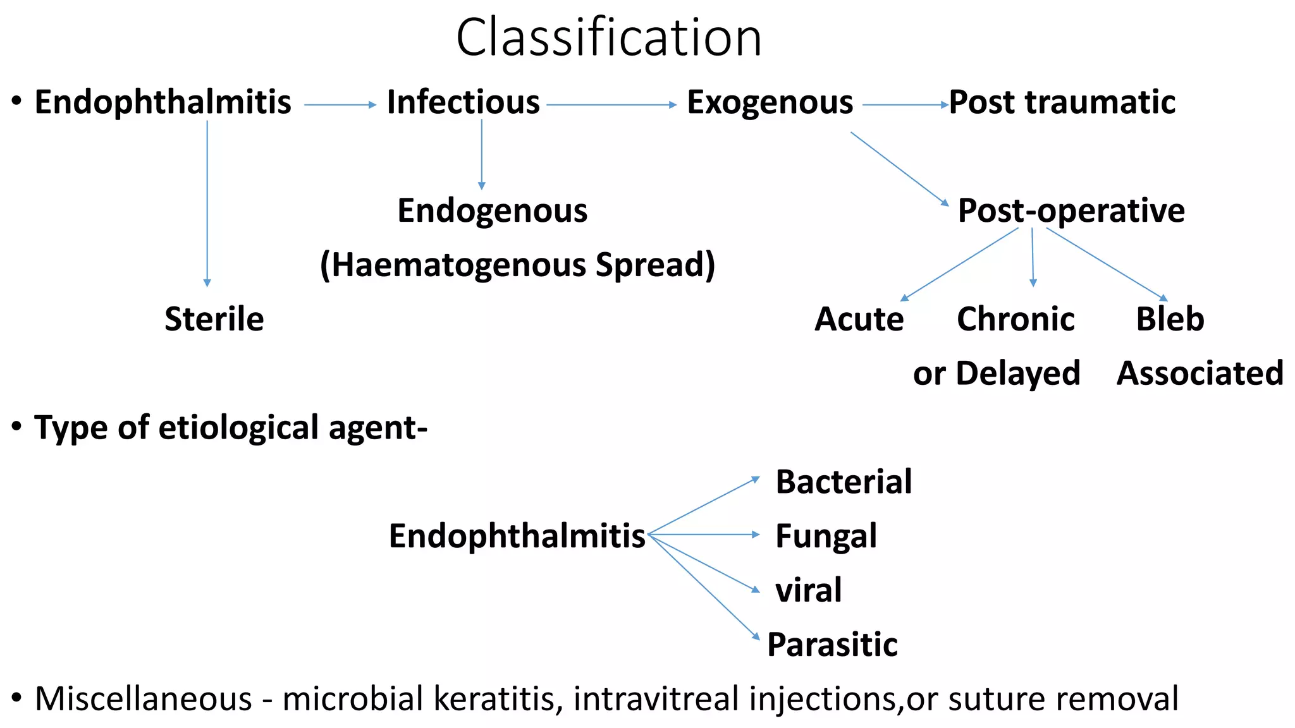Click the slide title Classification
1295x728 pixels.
pyautogui.click(x=608, y=38)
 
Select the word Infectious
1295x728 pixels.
pyautogui.click(x=463, y=102)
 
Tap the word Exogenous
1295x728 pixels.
pyautogui.click(x=770, y=102)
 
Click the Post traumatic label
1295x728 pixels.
pyautogui.click(x=1062, y=102)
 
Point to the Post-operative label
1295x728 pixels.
pyautogui.click(x=1071, y=210)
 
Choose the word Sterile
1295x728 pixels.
pyautogui.click(x=214, y=319)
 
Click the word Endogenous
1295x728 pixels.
pyautogui.click(x=492, y=210)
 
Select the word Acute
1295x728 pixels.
pyautogui.click(x=859, y=319)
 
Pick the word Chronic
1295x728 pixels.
pyautogui.click(x=1016, y=319)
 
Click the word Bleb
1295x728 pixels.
pyautogui.click(x=1170, y=319)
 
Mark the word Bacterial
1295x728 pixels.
pyautogui.click(x=844, y=482)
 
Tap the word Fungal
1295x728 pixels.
pyautogui.click(x=826, y=537)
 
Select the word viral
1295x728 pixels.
pyautogui.click(x=808, y=590)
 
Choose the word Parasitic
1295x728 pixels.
pyautogui.click(x=832, y=645)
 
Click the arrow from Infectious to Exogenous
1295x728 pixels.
pyautogui.click(x=611, y=105)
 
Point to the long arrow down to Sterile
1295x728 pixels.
pyautogui.click(x=207, y=202)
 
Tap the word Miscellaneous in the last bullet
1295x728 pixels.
pyautogui.click(x=144, y=699)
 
